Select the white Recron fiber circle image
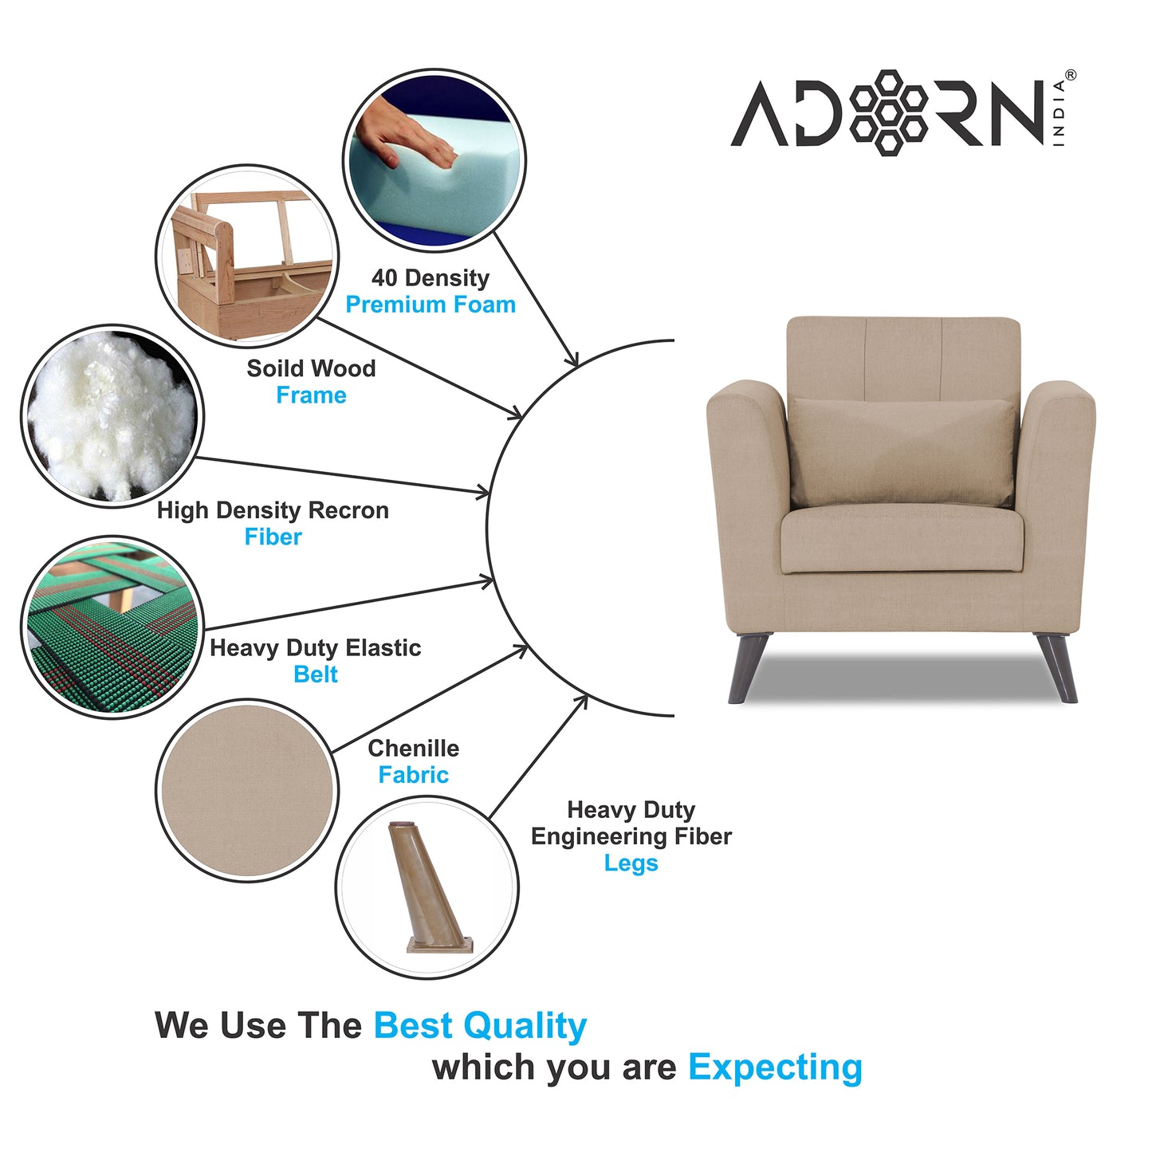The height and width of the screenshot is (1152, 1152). tap(112, 416)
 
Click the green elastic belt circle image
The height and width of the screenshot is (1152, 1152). tap(112, 627)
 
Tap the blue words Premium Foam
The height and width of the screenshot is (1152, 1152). tap(431, 305)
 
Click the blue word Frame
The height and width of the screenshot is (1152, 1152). tap(311, 395)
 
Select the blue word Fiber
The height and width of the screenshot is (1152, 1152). tap(273, 537)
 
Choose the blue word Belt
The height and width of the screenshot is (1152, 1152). tap(316, 674)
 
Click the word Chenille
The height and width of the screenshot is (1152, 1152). tap(413, 749)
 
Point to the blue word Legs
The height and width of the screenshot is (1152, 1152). tap(631, 863)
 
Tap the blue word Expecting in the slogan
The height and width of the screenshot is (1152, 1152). tap(775, 1067)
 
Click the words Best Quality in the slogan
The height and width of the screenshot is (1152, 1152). tap(480, 1026)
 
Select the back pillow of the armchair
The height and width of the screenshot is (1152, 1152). tap(902, 451)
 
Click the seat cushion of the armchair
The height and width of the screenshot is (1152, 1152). tap(902, 539)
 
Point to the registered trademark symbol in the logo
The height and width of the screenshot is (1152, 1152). tap(1070, 75)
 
